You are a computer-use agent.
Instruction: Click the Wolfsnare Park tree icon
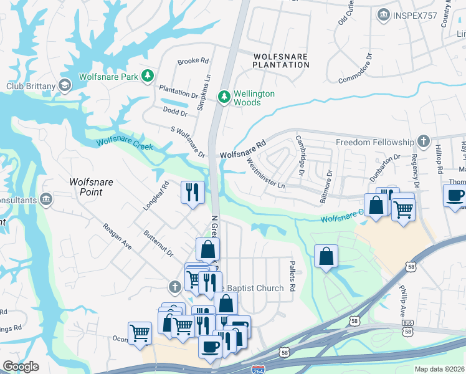coord(148,77)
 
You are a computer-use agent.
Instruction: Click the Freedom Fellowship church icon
coord(424,141)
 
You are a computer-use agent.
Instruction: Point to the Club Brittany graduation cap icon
coord(64,85)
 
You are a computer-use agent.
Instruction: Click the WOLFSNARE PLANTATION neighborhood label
coord(280,60)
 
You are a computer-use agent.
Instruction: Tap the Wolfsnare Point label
coord(85,187)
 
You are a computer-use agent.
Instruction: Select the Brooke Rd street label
coord(193,61)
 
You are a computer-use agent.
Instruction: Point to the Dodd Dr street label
coord(175,113)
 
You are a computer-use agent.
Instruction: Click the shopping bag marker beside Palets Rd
coord(326,256)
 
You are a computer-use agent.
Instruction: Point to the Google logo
coord(21,367)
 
